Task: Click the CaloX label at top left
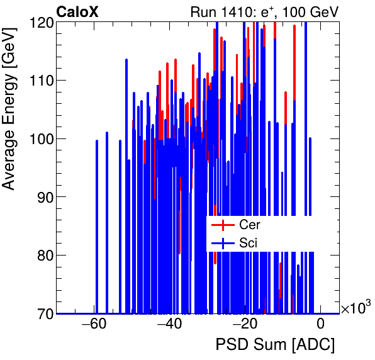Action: (77, 12)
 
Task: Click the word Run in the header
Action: (210, 13)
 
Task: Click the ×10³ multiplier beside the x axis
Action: (355, 308)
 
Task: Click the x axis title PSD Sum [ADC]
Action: (275, 345)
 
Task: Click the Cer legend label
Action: (249, 224)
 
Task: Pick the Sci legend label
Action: (248, 242)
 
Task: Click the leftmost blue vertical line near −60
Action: (97, 227)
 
